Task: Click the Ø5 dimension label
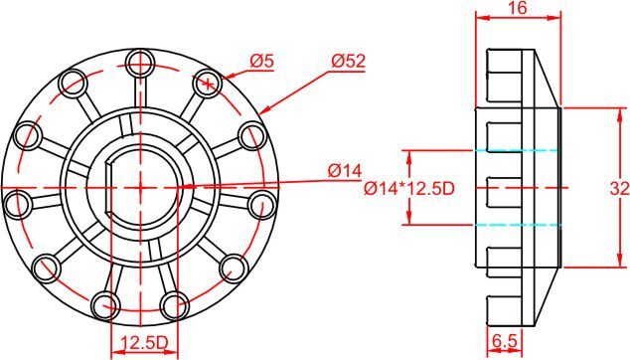click(261, 61)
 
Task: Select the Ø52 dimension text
click(349, 61)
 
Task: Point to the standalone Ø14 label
click(346, 171)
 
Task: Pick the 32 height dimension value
click(618, 188)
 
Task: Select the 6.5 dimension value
click(505, 341)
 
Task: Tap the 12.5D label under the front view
click(142, 342)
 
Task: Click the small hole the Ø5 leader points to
click(208, 82)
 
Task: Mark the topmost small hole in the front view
click(140, 66)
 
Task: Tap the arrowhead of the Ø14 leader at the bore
click(183, 185)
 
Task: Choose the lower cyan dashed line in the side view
click(519, 225)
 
